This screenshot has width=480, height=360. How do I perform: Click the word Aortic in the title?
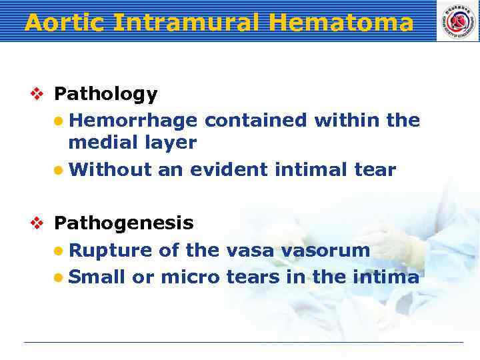[x=65, y=23]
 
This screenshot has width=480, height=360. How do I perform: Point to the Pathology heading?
[x=105, y=95]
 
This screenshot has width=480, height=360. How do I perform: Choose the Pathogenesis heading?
[x=123, y=223]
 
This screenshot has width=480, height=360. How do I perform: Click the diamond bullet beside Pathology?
[x=37, y=95]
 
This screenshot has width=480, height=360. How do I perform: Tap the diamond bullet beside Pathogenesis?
[x=37, y=223]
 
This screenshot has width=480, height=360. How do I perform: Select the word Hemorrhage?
[x=133, y=120]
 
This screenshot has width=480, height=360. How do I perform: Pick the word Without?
[x=110, y=170]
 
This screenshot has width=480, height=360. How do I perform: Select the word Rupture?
[x=111, y=251]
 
